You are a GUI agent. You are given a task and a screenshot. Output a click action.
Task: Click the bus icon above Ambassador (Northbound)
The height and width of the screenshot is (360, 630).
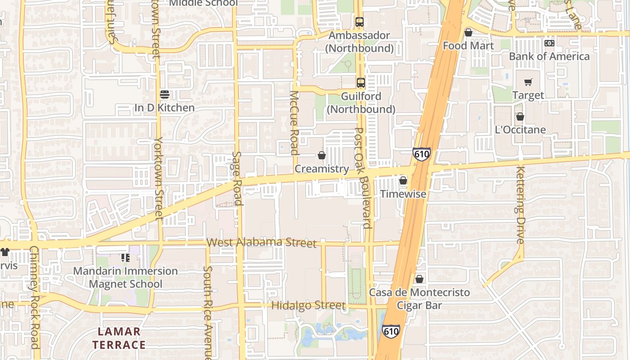click(359, 22)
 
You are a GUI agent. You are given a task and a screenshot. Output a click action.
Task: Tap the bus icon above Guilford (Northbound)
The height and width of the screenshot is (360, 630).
click(360, 82)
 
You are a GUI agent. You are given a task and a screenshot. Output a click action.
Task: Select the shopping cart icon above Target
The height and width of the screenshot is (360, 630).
click(528, 82)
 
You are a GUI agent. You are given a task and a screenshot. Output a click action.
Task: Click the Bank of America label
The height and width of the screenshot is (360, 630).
click(549, 56)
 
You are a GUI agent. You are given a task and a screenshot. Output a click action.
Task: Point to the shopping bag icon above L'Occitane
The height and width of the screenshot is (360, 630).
click(520, 117)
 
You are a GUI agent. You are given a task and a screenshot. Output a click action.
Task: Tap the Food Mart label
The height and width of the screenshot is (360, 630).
click(468, 45)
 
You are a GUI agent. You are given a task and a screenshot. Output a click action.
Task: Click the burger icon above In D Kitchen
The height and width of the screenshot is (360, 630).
click(165, 94)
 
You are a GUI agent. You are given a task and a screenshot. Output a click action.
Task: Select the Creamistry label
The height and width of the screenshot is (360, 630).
click(322, 169)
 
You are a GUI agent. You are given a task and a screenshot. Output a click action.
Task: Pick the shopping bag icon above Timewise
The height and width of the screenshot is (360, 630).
click(403, 180)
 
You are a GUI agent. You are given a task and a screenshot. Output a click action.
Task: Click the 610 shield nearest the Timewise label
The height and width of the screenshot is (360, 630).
click(422, 154)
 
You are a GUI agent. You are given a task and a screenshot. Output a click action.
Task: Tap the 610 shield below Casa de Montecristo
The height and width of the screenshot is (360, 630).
click(391, 332)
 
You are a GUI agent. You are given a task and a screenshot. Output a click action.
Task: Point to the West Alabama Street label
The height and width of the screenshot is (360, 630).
click(261, 243)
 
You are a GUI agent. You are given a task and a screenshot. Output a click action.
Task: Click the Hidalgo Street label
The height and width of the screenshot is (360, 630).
click(308, 306)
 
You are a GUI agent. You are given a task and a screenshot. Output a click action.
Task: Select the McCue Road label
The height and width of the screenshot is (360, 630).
click(294, 122)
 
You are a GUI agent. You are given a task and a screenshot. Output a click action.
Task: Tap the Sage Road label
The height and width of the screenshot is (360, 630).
click(237, 178)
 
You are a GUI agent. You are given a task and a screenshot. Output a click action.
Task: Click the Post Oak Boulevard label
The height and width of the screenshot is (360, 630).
click(364, 178)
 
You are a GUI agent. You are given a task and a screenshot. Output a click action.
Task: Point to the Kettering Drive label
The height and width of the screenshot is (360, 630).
click(521, 205)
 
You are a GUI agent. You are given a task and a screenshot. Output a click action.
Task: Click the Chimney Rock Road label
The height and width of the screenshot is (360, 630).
click(34, 297)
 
